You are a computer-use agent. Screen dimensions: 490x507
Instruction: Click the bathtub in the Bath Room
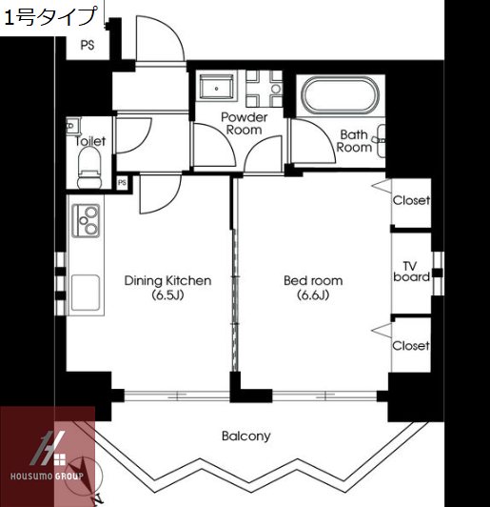pos(340,94)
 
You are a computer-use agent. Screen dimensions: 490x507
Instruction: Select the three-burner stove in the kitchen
pos(86,221)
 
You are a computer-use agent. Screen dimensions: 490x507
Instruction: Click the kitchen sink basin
pos(86,293)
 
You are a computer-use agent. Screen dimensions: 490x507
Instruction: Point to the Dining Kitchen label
pos(167,280)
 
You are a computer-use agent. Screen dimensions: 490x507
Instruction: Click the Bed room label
pos(313,280)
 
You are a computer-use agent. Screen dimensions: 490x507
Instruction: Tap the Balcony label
pos(246,436)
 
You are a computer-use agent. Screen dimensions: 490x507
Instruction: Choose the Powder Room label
pos(244,124)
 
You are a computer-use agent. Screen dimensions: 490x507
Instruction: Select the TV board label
pos(411,272)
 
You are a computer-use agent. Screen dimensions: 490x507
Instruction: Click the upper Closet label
pos(411,200)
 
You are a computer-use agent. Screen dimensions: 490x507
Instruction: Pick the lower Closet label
pos(411,346)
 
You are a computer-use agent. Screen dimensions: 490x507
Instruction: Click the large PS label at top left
pos(88,46)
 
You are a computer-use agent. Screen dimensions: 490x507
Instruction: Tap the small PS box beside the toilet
pos(122,183)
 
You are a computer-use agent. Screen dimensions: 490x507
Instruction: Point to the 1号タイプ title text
pos(50,17)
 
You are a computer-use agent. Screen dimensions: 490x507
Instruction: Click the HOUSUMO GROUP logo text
pos(47,477)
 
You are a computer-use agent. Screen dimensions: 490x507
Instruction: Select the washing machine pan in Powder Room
pos(216,88)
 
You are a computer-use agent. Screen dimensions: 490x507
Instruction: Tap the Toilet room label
pos(90,141)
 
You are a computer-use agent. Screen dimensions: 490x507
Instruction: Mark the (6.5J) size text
pos(167,295)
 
